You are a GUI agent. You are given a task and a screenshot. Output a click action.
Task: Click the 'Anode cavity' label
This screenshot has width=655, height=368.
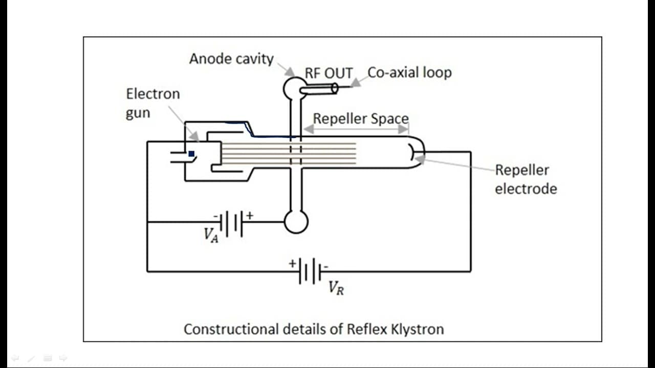click(231, 59)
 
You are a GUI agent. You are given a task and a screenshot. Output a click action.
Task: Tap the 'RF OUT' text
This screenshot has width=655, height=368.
click(329, 73)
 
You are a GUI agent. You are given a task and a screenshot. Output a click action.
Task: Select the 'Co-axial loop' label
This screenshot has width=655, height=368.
click(409, 73)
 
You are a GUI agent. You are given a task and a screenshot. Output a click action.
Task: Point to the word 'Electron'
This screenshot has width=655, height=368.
click(153, 94)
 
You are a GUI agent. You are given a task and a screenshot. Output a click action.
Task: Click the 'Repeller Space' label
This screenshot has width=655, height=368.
click(361, 119)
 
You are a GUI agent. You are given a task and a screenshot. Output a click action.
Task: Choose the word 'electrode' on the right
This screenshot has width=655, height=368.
click(526, 189)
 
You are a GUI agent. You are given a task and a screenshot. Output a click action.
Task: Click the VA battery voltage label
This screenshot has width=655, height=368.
click(211, 235)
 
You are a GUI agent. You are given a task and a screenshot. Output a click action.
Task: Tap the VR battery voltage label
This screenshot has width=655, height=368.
click(336, 288)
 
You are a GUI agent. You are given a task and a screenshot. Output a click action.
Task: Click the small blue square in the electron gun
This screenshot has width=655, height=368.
click(191, 154)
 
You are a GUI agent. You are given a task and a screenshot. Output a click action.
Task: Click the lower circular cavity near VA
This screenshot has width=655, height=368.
click(296, 222)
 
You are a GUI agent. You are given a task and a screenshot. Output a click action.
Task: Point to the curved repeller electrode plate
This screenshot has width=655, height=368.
click(411, 152)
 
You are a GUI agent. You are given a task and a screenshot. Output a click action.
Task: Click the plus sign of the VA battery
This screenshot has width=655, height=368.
click(250, 216)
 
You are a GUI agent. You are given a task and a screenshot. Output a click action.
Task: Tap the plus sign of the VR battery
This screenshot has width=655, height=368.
click(292, 263)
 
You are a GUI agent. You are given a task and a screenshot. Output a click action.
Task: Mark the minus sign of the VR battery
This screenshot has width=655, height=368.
click(326, 266)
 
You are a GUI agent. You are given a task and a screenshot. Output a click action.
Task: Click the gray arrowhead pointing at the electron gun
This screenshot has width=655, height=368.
click(194, 136)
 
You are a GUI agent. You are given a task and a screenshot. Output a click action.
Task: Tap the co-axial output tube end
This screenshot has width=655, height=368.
click(335, 88)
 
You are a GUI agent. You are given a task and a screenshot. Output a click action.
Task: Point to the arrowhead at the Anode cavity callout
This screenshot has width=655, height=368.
click(290, 72)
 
